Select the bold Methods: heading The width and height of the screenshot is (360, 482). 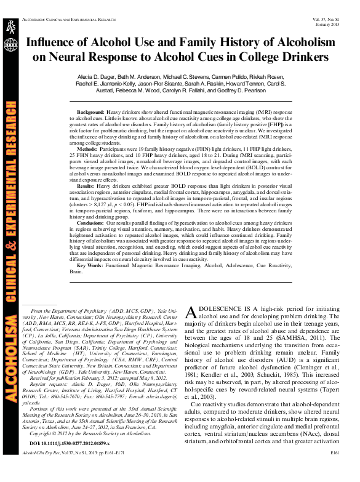pos(87,149)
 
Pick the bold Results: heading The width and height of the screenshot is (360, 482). pos(86,185)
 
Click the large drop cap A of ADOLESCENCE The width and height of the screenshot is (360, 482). pos(191,311)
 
